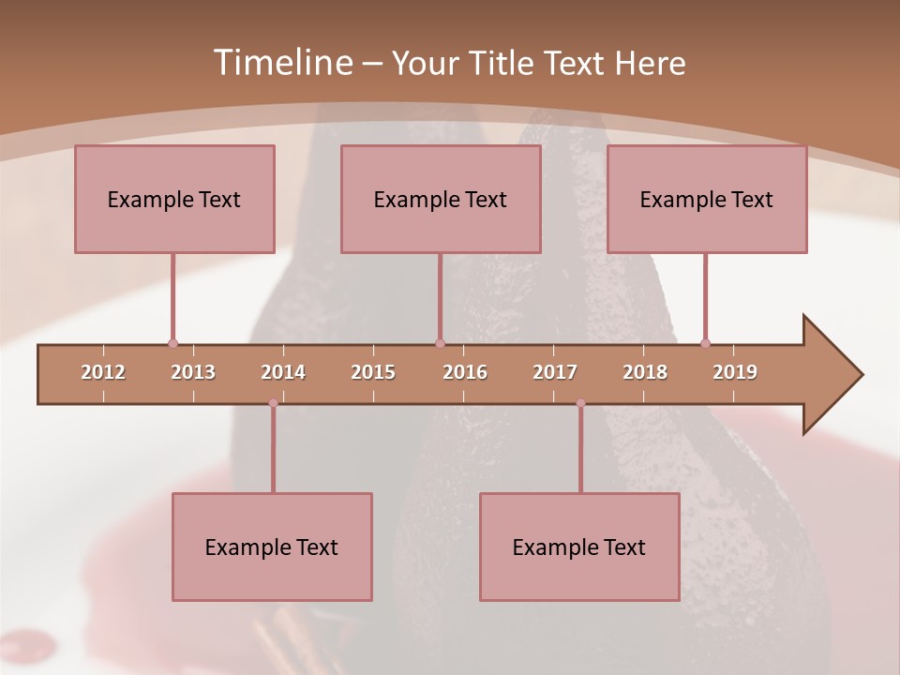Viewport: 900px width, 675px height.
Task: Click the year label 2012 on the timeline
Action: pyautogui.click(x=103, y=372)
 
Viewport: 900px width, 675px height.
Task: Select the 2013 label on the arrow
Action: pyautogui.click(x=193, y=372)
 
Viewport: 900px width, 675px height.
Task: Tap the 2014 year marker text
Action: pyautogui.click(x=283, y=372)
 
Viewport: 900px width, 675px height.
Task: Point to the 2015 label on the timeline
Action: pyautogui.click(x=373, y=372)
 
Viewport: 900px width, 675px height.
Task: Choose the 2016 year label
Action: pyautogui.click(x=465, y=372)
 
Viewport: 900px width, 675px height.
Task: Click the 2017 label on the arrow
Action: pyautogui.click(x=555, y=372)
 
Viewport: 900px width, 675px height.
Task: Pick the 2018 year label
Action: pyautogui.click(x=645, y=372)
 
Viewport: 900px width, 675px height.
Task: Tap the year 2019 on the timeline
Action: pyautogui.click(x=735, y=372)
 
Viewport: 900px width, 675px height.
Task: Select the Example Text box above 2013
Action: pyautogui.click(x=174, y=199)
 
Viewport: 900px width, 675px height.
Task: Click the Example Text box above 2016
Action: pyautogui.click(x=441, y=199)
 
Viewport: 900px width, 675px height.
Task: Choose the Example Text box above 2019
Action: pyautogui.click(x=707, y=199)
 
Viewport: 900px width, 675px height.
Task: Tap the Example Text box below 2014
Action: pyautogui.click(x=272, y=547)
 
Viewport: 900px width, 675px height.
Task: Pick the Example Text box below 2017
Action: pyautogui.click(x=579, y=547)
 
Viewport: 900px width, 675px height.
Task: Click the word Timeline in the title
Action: pyautogui.click(x=280, y=63)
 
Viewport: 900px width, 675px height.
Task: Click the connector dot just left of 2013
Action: pyautogui.click(x=172, y=344)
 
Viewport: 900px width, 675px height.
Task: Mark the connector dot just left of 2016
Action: pyautogui.click(x=440, y=344)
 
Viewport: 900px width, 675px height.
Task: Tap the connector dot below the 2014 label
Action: pyautogui.click(x=273, y=403)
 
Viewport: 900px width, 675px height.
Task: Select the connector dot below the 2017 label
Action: pyautogui.click(x=580, y=403)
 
